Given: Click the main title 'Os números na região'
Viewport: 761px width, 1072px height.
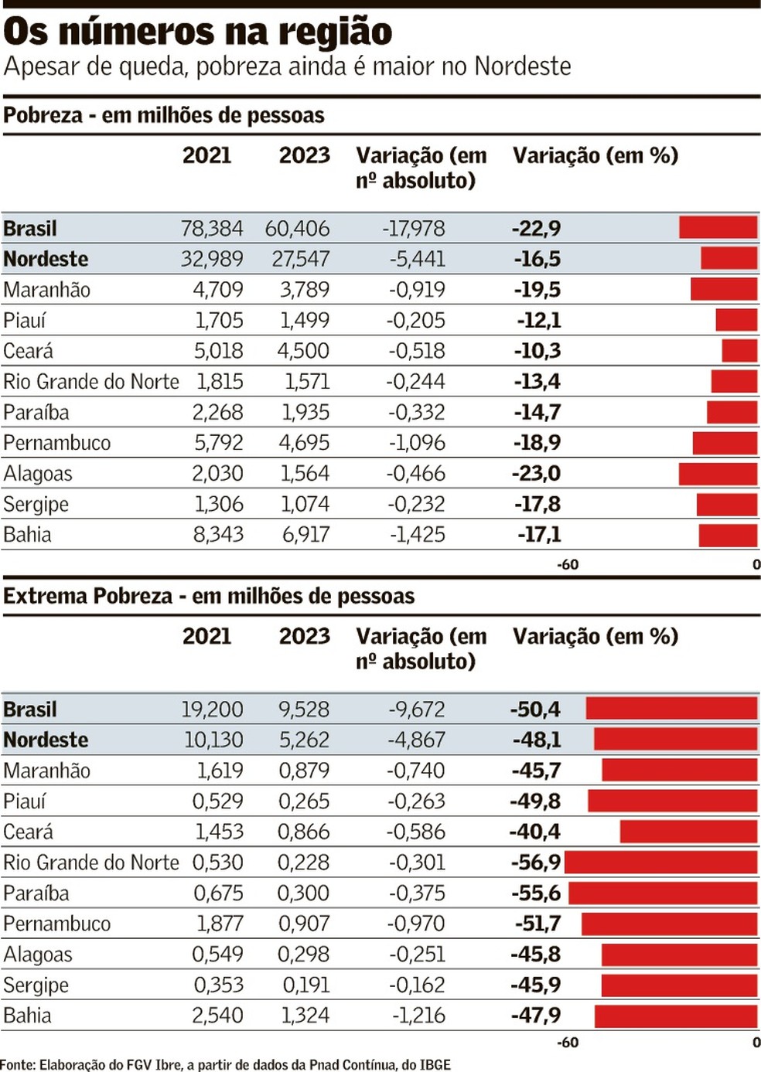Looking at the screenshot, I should [x=198, y=32].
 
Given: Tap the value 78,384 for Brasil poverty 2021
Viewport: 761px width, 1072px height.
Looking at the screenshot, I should [x=211, y=229].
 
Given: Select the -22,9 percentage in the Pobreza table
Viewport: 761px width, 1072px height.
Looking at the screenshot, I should [x=536, y=229].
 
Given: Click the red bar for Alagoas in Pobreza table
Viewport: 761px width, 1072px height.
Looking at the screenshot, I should [x=718, y=474].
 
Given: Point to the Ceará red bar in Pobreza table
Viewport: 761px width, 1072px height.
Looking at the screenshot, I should [x=739, y=351].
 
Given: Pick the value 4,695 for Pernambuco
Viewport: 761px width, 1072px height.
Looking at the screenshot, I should [x=305, y=443].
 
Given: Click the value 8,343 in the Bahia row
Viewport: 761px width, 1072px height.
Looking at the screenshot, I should [x=218, y=535].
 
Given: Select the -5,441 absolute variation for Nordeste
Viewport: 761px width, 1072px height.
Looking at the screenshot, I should [x=417, y=259].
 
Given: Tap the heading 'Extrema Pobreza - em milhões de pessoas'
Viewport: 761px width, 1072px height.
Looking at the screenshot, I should [x=209, y=596].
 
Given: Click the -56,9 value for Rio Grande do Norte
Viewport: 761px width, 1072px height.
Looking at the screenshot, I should [x=536, y=863].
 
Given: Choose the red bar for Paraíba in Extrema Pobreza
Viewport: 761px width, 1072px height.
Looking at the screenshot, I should [x=663, y=893].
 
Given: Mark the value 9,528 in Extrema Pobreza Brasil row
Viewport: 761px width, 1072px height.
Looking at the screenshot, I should [x=304, y=710].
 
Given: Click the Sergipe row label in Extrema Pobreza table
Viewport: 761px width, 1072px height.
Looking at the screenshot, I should [x=36, y=985].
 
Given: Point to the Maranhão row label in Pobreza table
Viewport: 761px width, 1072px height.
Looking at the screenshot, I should [x=47, y=290].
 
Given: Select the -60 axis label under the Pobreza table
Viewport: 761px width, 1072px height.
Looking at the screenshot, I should [x=568, y=565].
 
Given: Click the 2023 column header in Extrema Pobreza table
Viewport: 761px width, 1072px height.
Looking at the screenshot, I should [x=304, y=636].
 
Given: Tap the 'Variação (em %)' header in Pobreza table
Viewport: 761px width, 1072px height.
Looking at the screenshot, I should [x=595, y=155].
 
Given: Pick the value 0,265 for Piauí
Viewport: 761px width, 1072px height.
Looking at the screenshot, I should [x=304, y=801].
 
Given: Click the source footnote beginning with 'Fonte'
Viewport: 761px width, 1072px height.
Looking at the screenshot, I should [x=225, y=1064].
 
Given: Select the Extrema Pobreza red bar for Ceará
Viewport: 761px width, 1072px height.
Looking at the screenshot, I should [x=688, y=832].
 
